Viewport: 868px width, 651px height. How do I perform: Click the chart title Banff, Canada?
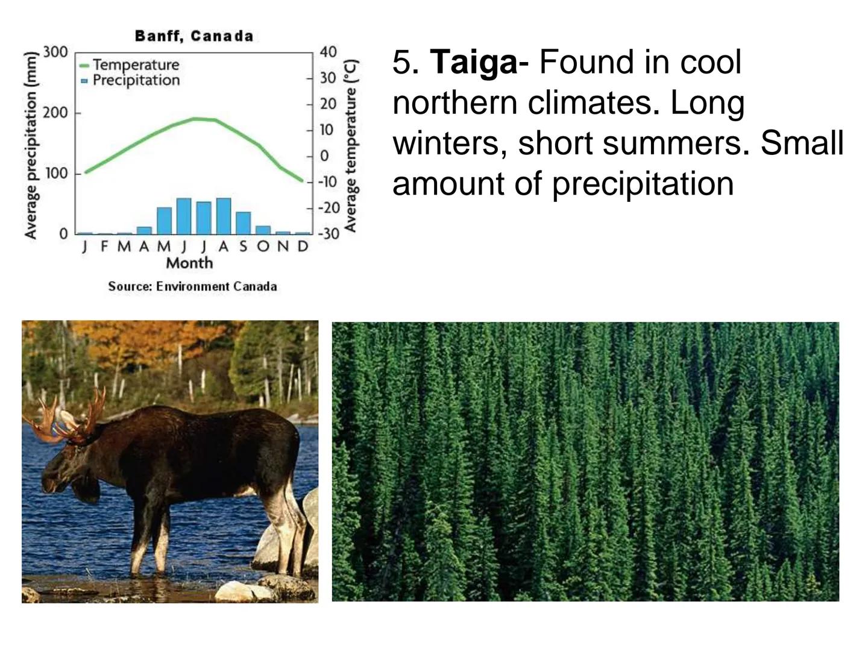[193, 36]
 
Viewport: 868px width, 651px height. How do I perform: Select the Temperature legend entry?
[130, 65]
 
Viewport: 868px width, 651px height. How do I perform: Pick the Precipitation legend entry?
[130, 80]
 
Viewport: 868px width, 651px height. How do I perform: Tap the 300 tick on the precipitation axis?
[56, 52]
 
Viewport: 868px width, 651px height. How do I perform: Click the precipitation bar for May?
[164, 221]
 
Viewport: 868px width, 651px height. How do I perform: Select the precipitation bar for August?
[224, 216]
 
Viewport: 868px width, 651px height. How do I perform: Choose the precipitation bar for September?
[243, 223]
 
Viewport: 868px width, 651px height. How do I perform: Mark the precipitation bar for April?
[144, 230]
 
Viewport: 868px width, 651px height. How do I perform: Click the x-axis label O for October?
[263, 247]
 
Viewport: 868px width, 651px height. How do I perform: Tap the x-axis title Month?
[189, 263]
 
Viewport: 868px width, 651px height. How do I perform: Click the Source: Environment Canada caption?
[192, 286]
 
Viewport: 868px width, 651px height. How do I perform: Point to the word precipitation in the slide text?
[643, 184]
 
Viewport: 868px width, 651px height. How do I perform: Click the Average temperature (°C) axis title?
[350, 146]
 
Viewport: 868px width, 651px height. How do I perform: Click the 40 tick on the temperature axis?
[329, 52]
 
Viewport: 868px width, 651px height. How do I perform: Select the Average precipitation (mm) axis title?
[31, 145]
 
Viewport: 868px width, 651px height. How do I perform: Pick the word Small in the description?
[802, 142]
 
